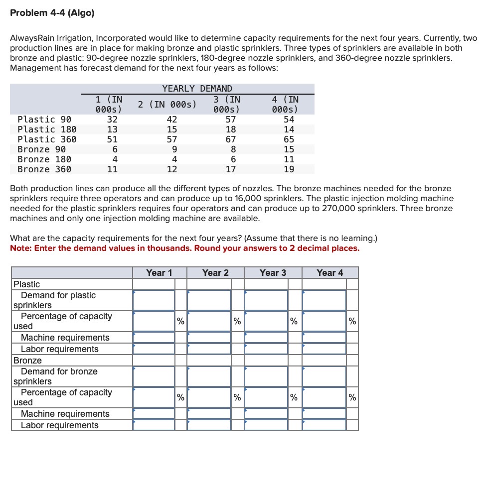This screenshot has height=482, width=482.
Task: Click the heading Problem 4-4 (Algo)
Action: click(52, 13)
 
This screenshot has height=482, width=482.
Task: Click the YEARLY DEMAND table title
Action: click(197, 89)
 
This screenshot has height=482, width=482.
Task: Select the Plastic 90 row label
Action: click(44, 120)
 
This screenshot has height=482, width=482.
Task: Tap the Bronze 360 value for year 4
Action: click(289, 169)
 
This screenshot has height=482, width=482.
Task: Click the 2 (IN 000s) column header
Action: click(167, 104)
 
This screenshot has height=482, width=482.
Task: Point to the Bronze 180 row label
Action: click(44, 159)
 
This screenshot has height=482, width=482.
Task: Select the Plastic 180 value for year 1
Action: click(113, 129)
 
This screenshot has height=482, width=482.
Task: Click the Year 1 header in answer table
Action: click(159, 272)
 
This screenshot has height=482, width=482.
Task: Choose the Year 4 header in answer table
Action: click(329, 272)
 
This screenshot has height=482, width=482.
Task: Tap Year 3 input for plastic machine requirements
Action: click(266, 338)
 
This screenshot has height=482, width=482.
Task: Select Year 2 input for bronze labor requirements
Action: click(209, 425)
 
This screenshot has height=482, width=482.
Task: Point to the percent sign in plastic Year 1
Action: click(180, 321)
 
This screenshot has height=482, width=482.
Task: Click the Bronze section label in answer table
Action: click(27, 361)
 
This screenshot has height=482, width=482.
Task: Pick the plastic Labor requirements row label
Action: click(59, 349)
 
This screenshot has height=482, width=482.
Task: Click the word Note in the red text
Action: click(20, 248)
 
